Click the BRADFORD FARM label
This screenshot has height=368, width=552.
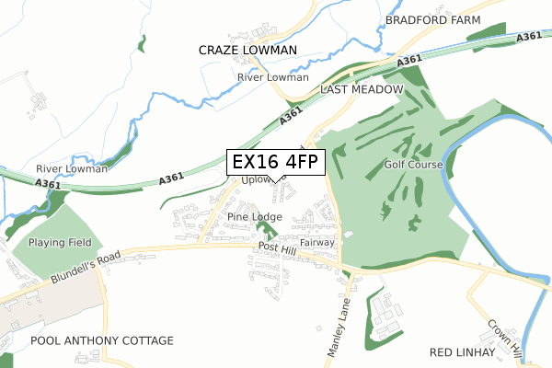pyautogui.click(x=428, y=18)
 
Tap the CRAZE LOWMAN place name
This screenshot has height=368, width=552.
pyautogui.click(x=247, y=50)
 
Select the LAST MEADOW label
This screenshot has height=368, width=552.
pyautogui.click(x=362, y=89)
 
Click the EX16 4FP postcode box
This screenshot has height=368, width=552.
pyautogui.click(x=275, y=162)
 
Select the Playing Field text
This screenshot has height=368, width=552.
pyautogui.click(x=61, y=243)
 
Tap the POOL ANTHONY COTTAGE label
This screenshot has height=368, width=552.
pyautogui.click(x=101, y=341)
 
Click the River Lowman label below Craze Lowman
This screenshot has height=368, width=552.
pyautogui.click(x=272, y=77)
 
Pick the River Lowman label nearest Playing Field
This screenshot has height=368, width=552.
pyautogui.click(x=72, y=169)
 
